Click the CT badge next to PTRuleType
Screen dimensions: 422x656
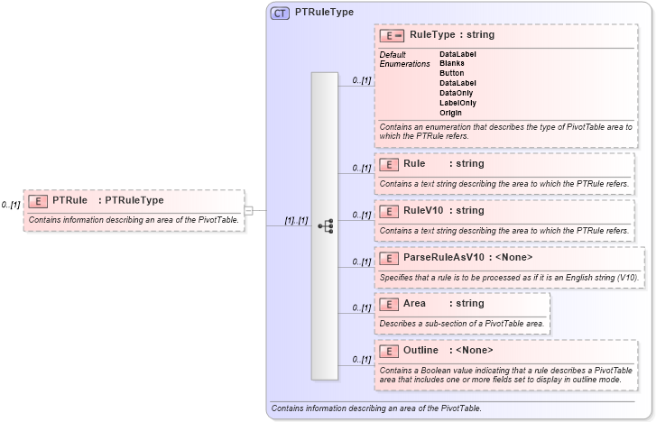(x=280, y=13)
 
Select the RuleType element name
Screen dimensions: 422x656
(x=433, y=35)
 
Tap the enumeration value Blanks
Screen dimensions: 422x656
(x=452, y=63)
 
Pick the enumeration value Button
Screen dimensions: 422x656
(x=452, y=73)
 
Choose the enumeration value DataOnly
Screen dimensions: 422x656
(x=457, y=93)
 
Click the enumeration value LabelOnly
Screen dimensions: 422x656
(x=457, y=103)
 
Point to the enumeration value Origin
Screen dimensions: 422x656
(x=451, y=113)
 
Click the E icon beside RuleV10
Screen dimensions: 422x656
(x=389, y=211)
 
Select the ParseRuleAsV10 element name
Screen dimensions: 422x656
(x=437, y=258)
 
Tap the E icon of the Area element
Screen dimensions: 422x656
(x=389, y=304)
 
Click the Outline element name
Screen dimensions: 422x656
(x=420, y=350)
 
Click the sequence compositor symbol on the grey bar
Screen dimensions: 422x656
(x=326, y=225)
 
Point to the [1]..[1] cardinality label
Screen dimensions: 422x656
(x=297, y=221)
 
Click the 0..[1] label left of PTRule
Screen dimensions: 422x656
(x=11, y=205)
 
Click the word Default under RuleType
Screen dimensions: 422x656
(x=393, y=54)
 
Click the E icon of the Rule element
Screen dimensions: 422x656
(x=389, y=164)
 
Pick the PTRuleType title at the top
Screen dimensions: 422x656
(x=324, y=13)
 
